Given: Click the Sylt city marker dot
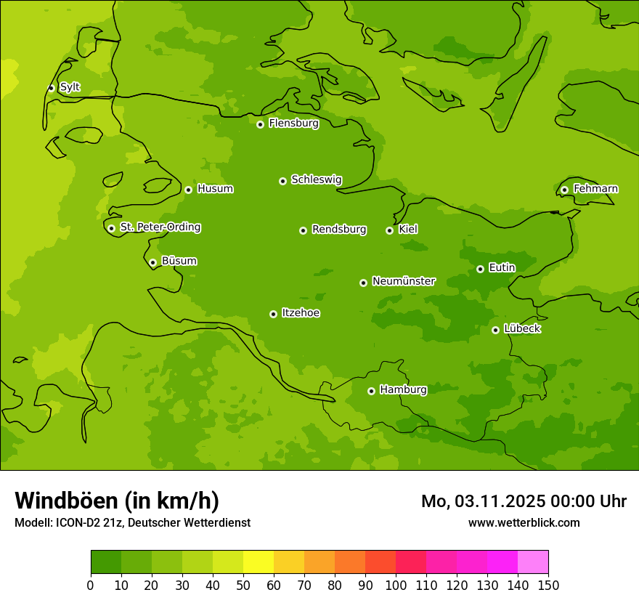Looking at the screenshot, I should pyautogui.click(x=51, y=88).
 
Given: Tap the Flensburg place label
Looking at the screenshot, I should pyautogui.click(x=293, y=124).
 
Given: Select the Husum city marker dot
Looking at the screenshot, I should pyautogui.click(x=188, y=190).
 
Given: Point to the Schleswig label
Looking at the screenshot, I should pyautogui.click(x=316, y=179).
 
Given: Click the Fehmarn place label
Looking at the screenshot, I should pyautogui.click(x=595, y=189).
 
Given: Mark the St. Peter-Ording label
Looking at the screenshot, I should pyautogui.click(x=160, y=227).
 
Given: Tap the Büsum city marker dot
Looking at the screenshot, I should pyautogui.click(x=152, y=262).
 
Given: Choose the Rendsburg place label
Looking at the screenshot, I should pyautogui.click(x=338, y=230).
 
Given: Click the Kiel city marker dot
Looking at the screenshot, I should pyautogui.click(x=389, y=230).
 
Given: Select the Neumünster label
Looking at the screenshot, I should pyautogui.click(x=403, y=281).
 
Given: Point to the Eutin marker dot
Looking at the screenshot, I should pyautogui.click(x=480, y=269).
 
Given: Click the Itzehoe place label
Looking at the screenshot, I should pyautogui.click(x=300, y=313).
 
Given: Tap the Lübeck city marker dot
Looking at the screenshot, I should pyautogui.click(x=495, y=330).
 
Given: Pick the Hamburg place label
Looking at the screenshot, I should pyautogui.click(x=403, y=390).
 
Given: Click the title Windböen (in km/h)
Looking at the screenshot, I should pyautogui.click(x=116, y=501).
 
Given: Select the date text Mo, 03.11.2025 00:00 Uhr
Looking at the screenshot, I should pyautogui.click(x=524, y=501).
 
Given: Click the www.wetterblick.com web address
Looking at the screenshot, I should pyautogui.click(x=524, y=522).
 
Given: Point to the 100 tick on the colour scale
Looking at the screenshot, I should pyautogui.click(x=396, y=585).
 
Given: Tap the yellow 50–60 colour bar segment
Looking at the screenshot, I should pyautogui.click(x=259, y=562).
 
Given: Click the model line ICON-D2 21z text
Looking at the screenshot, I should pyautogui.click(x=132, y=522).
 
